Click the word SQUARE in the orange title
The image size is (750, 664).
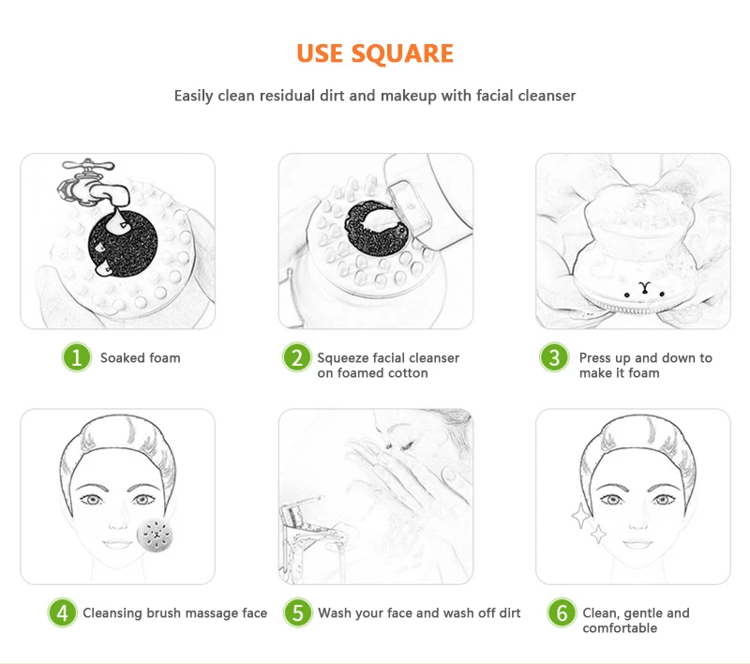[402, 54]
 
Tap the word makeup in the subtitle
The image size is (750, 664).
[409, 97]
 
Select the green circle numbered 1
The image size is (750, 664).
[77, 357]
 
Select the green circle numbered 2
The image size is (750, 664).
[297, 357]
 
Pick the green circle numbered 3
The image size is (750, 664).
[554, 357]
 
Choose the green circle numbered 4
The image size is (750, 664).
[62, 612]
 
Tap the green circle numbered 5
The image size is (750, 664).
[297, 612]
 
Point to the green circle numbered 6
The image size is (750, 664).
[562, 612]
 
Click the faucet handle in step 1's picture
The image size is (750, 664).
[88, 165]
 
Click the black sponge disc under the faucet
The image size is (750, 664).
[123, 243]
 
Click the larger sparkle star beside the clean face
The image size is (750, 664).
[580, 516]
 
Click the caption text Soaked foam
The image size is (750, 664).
[140, 358]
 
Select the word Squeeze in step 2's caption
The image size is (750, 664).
[343, 358]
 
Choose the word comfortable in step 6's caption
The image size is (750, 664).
[620, 628]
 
